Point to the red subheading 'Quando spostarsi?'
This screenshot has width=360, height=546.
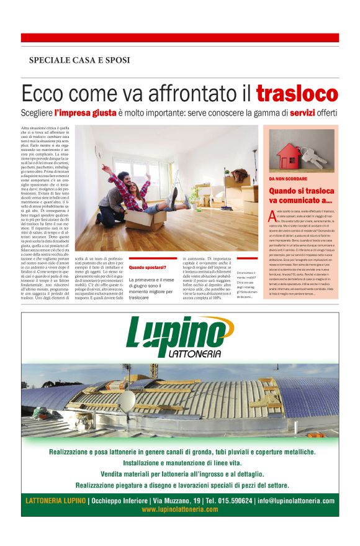(x=148, y=268)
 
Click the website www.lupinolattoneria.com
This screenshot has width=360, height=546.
(x=180, y=509)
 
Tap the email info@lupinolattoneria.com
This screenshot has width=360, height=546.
(x=296, y=501)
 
